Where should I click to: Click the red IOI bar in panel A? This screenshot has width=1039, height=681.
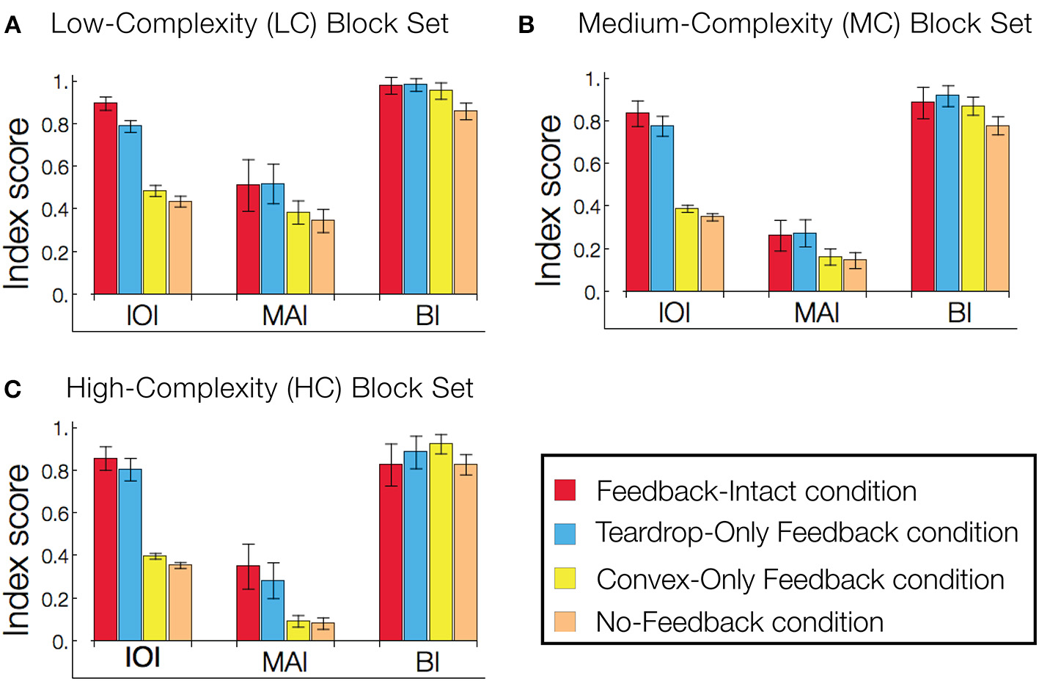point(106,198)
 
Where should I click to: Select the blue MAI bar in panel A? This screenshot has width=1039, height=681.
point(273,238)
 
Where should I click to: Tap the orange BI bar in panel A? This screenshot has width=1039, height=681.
point(466,203)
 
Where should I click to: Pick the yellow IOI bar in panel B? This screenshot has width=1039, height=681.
point(686,250)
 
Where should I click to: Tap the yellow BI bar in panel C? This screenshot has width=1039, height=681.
point(441,542)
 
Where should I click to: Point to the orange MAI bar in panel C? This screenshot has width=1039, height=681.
point(323,632)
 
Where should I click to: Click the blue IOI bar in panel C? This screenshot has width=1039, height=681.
point(130,555)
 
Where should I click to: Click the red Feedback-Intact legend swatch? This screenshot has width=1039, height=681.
point(565,490)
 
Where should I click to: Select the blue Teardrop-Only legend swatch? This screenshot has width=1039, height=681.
point(565,533)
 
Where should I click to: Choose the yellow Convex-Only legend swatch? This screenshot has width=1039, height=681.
point(565,578)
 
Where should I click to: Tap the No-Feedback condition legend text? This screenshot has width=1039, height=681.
point(740,622)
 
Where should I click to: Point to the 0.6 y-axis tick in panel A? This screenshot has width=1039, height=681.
point(55,167)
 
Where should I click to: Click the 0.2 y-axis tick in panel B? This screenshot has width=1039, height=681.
point(587,250)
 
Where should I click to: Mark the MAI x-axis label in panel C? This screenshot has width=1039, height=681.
point(284,663)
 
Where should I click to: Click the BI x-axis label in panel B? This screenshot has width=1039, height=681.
point(960,313)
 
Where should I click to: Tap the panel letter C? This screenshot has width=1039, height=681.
point(12,389)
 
